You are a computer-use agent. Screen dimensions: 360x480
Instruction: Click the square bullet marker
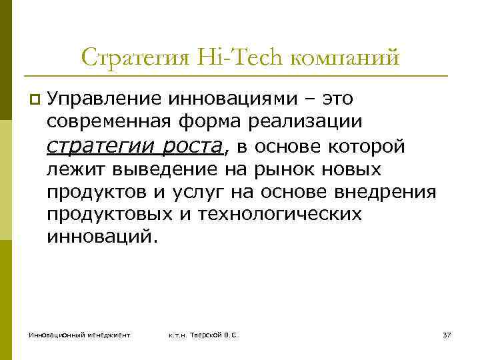click(34, 100)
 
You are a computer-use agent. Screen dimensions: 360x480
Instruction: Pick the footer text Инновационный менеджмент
click(79, 334)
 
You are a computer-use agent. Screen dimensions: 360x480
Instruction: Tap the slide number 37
click(447, 334)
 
